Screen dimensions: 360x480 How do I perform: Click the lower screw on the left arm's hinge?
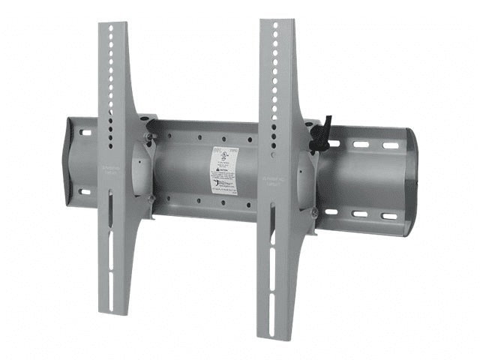151,198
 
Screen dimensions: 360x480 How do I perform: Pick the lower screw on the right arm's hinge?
313,214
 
